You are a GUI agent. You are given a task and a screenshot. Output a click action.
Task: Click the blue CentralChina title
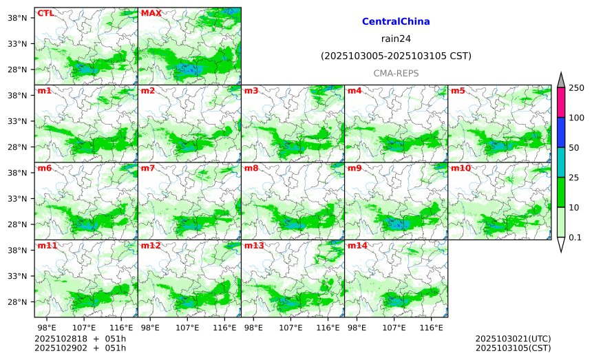pyautogui.click(x=396, y=22)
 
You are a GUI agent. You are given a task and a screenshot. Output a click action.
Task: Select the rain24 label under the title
pyautogui.click(x=396, y=39)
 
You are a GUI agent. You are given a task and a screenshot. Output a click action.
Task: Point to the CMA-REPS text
pyautogui.click(x=396, y=73)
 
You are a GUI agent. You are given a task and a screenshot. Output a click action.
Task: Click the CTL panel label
pyautogui.click(x=46, y=13)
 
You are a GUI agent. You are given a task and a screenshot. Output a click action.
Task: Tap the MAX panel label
pyautogui.click(x=151, y=13)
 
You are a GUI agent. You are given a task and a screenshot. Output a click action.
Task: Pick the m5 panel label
pyautogui.click(x=457, y=91)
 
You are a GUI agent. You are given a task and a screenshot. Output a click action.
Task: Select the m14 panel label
pyautogui.click(x=357, y=246)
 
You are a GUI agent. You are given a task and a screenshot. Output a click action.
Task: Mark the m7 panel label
pyautogui.click(x=147, y=168)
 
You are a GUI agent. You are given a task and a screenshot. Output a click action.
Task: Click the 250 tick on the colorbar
pyautogui.click(x=576, y=88)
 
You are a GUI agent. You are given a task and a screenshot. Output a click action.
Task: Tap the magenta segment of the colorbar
pyautogui.click(x=560, y=103)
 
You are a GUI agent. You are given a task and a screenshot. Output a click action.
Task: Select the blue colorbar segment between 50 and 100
pyautogui.click(x=560, y=132)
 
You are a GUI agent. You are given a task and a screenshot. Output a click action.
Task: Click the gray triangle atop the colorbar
pyautogui.click(x=560, y=81)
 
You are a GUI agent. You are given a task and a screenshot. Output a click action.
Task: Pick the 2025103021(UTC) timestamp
pyautogui.click(x=513, y=339)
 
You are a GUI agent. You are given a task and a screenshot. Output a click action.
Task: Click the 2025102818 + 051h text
pyautogui.click(x=76, y=339)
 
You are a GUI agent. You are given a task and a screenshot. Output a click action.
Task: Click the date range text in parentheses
pyautogui.click(x=396, y=56)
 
